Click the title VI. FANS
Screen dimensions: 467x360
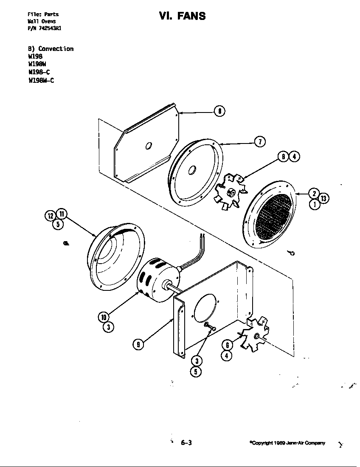point(182,16)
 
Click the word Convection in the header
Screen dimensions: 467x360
point(56,49)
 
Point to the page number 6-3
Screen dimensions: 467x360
point(186,443)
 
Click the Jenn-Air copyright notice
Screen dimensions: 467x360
point(287,443)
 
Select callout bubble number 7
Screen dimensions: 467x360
point(260,142)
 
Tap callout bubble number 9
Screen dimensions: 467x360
point(137,344)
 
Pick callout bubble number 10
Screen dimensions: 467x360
point(103,317)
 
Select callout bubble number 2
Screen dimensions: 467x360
point(313,193)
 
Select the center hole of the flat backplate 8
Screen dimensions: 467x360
point(148,146)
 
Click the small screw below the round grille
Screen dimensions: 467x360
point(291,253)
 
